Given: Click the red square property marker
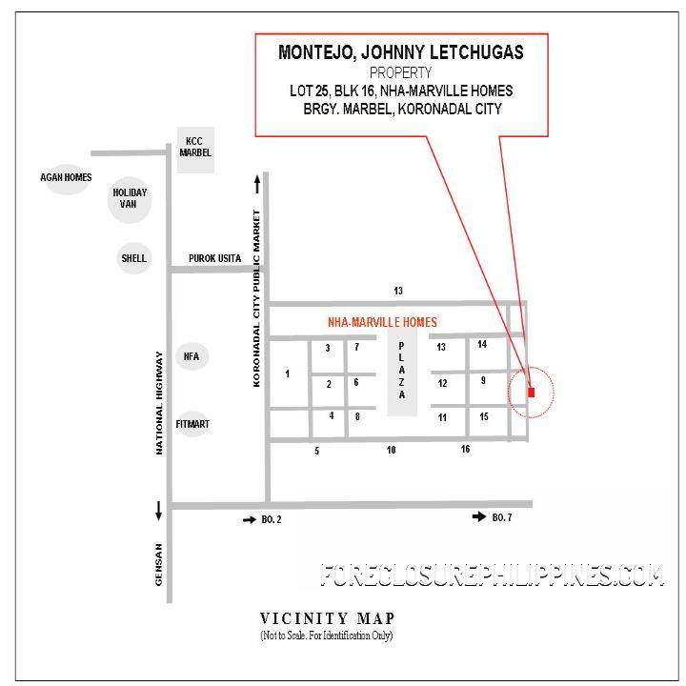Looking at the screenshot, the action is pyautogui.click(x=531, y=392).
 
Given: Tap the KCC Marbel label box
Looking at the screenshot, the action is pyautogui.click(x=195, y=150).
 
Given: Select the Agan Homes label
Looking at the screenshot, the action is pyautogui.click(x=66, y=177).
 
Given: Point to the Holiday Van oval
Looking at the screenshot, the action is pyautogui.click(x=130, y=199).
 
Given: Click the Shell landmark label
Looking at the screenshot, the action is pyautogui.click(x=134, y=258).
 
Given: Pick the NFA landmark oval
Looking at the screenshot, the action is pyautogui.click(x=192, y=356).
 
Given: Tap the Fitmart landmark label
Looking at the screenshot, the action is pyautogui.click(x=192, y=424).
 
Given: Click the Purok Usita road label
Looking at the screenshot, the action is pyautogui.click(x=214, y=258).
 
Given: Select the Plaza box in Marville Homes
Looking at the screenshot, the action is pyautogui.click(x=402, y=371).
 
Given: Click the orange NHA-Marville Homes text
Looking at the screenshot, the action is pyautogui.click(x=382, y=322).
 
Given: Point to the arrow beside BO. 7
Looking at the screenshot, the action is pyautogui.click(x=479, y=516).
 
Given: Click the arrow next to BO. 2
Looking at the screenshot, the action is pyautogui.click(x=250, y=520).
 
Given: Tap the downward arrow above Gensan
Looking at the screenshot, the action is pyautogui.click(x=158, y=511).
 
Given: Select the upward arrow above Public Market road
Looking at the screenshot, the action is pyautogui.click(x=257, y=184).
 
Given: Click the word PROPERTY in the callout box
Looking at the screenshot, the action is pyautogui.click(x=401, y=72).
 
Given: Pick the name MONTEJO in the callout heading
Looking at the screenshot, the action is pyautogui.click(x=314, y=52).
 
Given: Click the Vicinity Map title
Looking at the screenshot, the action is pyautogui.click(x=328, y=618).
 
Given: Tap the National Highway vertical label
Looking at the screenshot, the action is pyautogui.click(x=159, y=403).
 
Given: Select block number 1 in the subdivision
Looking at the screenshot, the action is pyautogui.click(x=287, y=373).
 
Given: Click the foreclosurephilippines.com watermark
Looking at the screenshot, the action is pyautogui.click(x=492, y=575).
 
